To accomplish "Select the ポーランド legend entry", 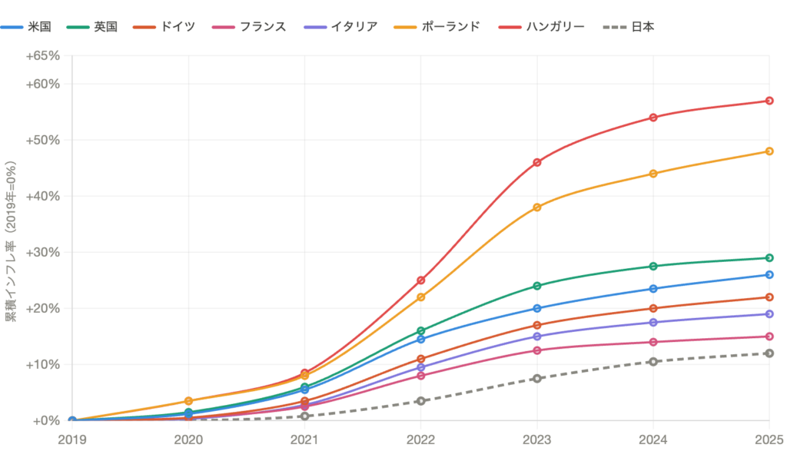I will (x=450, y=27).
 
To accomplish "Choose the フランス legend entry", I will (x=262, y=27).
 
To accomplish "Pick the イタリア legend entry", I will (x=354, y=27).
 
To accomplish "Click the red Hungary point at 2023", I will (x=536, y=162).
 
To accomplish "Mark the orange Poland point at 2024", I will (x=653, y=174).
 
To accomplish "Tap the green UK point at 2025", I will (x=769, y=257).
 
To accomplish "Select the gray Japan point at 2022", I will (x=420, y=400).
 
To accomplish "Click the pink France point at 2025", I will (x=769, y=337).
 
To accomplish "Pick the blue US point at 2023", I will (x=536, y=308).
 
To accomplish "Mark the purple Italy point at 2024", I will (x=653, y=322).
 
